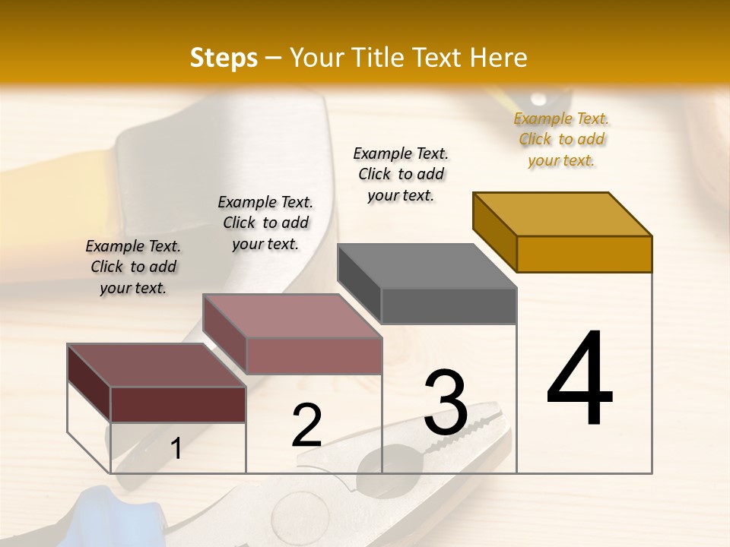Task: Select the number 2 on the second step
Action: (306, 425)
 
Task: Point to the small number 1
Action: (176, 449)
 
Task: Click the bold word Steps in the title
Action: (224, 58)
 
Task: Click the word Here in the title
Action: (499, 58)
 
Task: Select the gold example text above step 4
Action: (561, 139)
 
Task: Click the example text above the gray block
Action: (401, 174)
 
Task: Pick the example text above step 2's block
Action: (265, 223)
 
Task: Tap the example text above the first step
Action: (133, 267)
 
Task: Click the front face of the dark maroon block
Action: (178, 404)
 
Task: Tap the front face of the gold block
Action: (584, 254)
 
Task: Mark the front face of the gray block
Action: (449, 305)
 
